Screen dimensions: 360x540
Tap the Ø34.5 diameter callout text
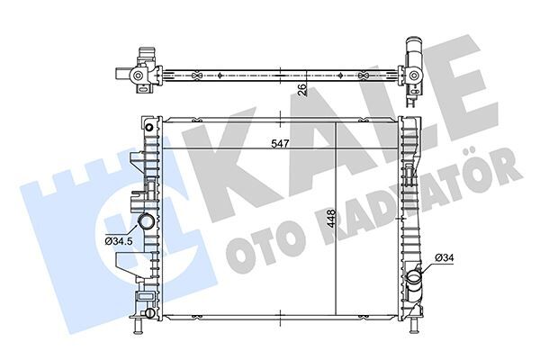click(x=121, y=240)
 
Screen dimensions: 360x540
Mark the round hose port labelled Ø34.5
click(x=146, y=223)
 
